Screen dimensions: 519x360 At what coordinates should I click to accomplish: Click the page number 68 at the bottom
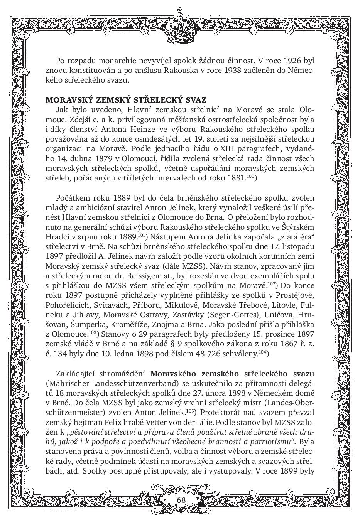tap(181, 500)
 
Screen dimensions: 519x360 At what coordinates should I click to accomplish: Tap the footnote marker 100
tap(251, 176)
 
